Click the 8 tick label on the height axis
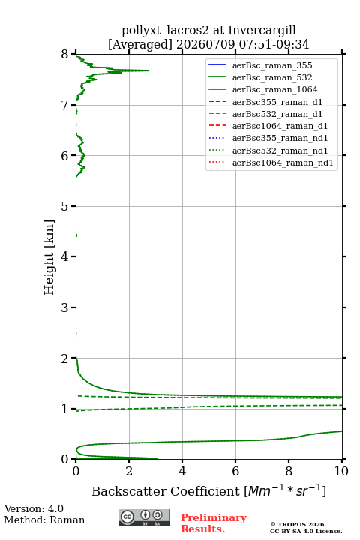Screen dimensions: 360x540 65,55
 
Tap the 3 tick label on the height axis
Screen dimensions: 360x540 65,307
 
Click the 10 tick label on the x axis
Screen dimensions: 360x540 342,471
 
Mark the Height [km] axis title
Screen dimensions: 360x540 49,257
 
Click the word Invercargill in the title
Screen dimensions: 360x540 262,31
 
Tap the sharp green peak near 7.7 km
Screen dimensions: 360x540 148,70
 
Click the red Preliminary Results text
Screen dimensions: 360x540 214,523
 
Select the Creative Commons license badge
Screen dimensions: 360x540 144,517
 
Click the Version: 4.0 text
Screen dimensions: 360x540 34,508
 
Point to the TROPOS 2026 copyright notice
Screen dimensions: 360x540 298,524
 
